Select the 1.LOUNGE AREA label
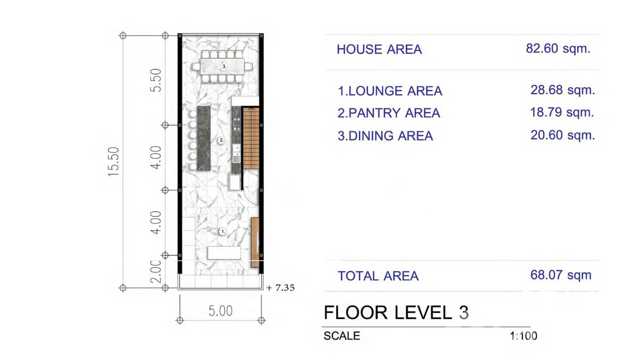pos(390,91)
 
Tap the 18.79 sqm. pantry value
pos(562,113)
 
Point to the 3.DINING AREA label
pos(385,136)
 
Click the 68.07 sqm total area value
pos(561,275)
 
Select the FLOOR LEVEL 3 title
pos(396,313)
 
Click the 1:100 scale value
pos(523,336)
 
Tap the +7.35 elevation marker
pos(281,288)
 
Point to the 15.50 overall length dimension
pos(114,161)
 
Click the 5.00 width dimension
pos(221,311)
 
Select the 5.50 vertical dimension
pos(156,80)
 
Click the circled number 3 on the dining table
pos(224,65)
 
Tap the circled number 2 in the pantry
pos(221,140)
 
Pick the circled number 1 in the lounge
pos(222,231)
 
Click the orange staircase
pos(251,138)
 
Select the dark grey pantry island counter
pos(204,138)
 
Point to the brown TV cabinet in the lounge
pos(255,242)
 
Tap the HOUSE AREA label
pos(379,49)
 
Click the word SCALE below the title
pos(342,336)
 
